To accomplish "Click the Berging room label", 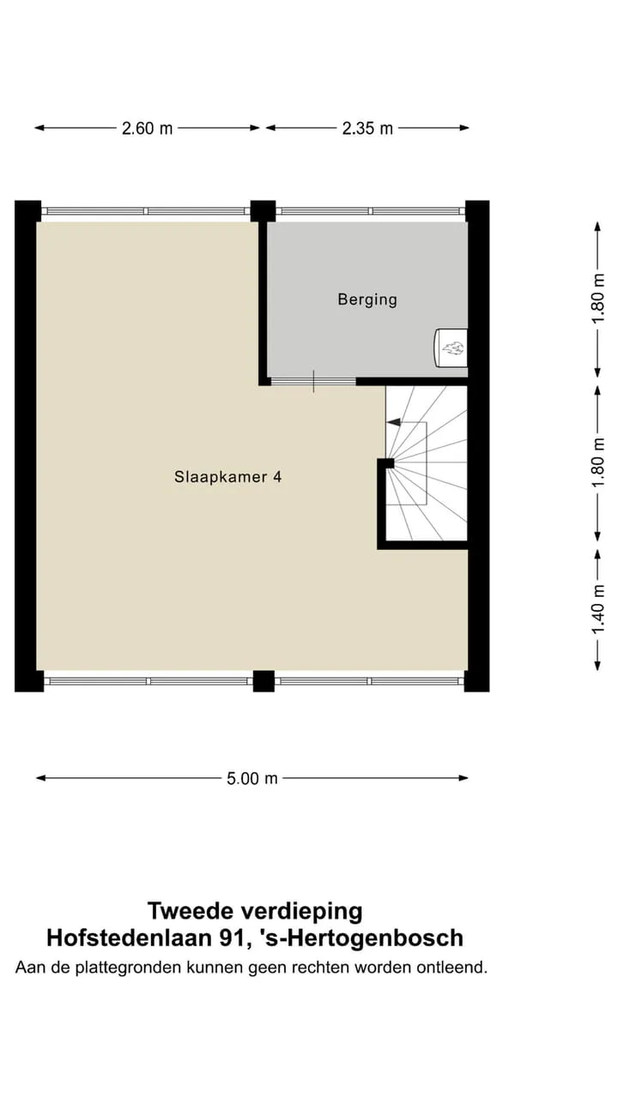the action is pyautogui.click(x=367, y=299).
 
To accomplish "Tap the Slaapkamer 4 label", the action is pyautogui.click(x=228, y=477).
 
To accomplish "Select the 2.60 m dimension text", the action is pyautogui.click(x=147, y=129).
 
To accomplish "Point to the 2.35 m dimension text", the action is pyautogui.click(x=367, y=129).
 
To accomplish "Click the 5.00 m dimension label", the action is pyautogui.click(x=252, y=778).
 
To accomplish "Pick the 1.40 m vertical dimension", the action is pyautogui.click(x=598, y=609).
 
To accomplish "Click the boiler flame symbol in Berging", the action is pyautogui.click(x=453, y=348).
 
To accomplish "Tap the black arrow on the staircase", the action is pyautogui.click(x=393, y=422).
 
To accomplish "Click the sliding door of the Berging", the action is pyautogui.click(x=313, y=382).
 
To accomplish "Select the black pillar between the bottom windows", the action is pyautogui.click(x=264, y=681).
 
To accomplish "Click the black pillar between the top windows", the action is pyautogui.click(x=263, y=211).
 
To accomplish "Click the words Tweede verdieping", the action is pyautogui.click(x=255, y=911).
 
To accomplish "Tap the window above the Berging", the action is pyautogui.click(x=370, y=211).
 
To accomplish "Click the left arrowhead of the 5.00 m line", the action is pyautogui.click(x=40, y=778).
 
